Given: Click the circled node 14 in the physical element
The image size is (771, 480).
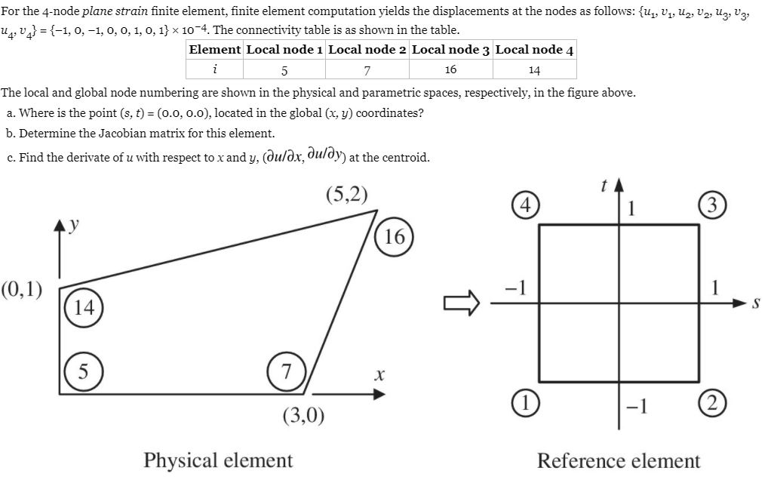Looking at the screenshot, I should click(x=81, y=307).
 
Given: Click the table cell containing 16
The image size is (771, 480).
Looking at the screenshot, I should click(x=450, y=69).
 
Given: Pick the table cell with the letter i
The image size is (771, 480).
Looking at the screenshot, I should click(x=215, y=69).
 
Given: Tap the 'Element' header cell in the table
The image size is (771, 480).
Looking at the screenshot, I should click(x=215, y=50).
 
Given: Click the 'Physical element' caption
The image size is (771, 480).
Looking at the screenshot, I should click(x=218, y=460).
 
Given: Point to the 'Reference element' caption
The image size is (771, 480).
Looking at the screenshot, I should click(x=619, y=460).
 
